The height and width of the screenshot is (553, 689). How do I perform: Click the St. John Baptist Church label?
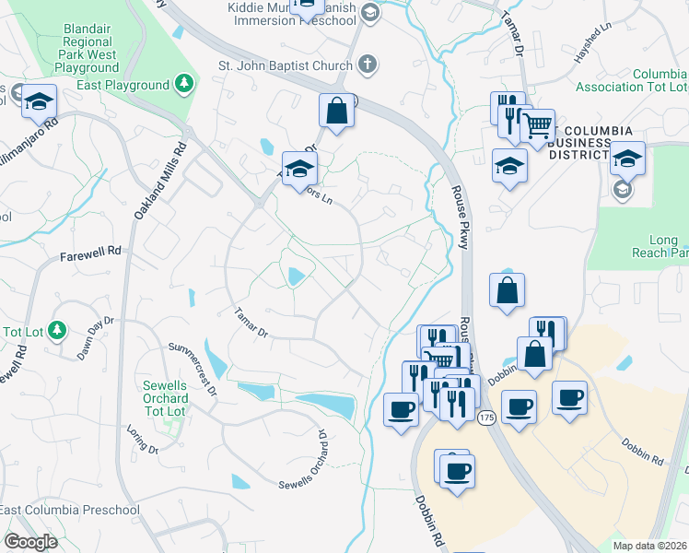coord(285,65)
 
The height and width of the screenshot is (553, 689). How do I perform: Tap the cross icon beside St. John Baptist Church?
coord(368,65)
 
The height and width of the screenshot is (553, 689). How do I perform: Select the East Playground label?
coord(129,85)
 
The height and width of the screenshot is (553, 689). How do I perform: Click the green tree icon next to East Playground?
coord(184,85)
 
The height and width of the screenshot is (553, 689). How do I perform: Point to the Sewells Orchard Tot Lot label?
coord(165,397)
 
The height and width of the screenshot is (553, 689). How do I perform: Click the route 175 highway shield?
coord(487,418)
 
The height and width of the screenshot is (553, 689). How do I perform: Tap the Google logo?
coord(31,542)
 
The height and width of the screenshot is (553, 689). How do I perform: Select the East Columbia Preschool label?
coord(70,510)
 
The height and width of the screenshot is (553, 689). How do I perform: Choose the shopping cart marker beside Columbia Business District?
coord(537,125)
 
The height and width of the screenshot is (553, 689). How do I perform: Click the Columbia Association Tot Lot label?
coord(632,80)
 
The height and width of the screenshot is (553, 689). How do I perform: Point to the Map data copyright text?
coord(650,546)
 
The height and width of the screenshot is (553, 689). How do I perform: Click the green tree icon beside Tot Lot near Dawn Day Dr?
coord(57,330)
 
